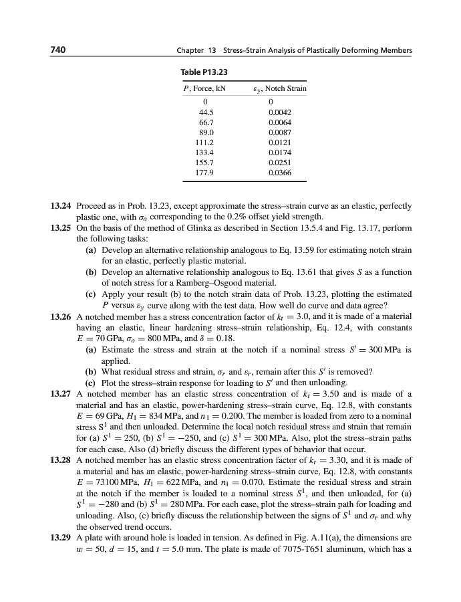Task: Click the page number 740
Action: (x=59, y=51)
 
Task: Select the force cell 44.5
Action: (x=206, y=112)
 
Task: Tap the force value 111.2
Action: (x=206, y=142)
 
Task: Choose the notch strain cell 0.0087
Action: (x=279, y=132)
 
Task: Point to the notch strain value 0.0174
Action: (x=279, y=153)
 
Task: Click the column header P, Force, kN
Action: (x=205, y=88)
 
